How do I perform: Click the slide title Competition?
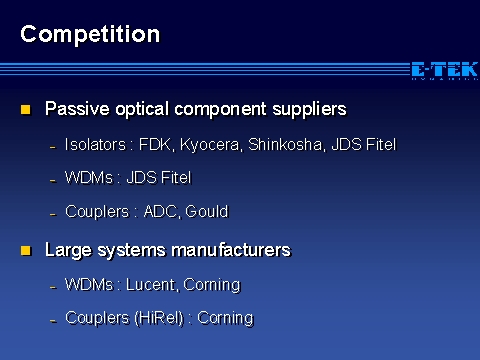point(90,35)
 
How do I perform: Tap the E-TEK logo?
point(445,70)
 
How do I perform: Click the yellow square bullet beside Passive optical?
point(26,110)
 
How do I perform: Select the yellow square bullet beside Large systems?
point(26,251)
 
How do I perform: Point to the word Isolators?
point(95,145)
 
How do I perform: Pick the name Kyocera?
point(210,145)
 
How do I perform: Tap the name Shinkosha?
point(285,145)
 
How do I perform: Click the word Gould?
point(207,212)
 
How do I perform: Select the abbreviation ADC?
point(161,212)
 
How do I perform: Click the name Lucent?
point(151,285)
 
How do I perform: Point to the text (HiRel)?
point(159,318)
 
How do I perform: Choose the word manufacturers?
point(231,250)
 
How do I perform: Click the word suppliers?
point(310,110)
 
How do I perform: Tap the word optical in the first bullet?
point(142,110)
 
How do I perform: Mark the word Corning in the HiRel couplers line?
point(225,319)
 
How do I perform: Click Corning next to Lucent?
point(212,285)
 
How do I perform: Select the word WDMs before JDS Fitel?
point(89,178)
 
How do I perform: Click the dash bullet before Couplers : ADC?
point(53,214)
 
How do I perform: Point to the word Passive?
point(77,109)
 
